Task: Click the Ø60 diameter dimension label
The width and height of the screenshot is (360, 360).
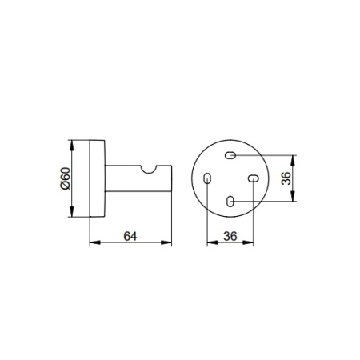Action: click(x=66, y=178)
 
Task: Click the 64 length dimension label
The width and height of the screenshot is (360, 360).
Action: click(x=130, y=236)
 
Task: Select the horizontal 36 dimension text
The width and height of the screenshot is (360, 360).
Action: click(x=230, y=236)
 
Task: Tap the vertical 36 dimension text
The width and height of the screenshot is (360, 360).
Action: click(x=286, y=178)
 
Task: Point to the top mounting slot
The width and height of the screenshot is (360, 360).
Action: click(x=230, y=155)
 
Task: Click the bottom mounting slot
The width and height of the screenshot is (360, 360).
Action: click(x=230, y=202)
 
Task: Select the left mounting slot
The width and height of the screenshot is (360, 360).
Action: click(x=207, y=178)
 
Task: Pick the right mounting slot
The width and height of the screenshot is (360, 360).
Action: click(x=253, y=178)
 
